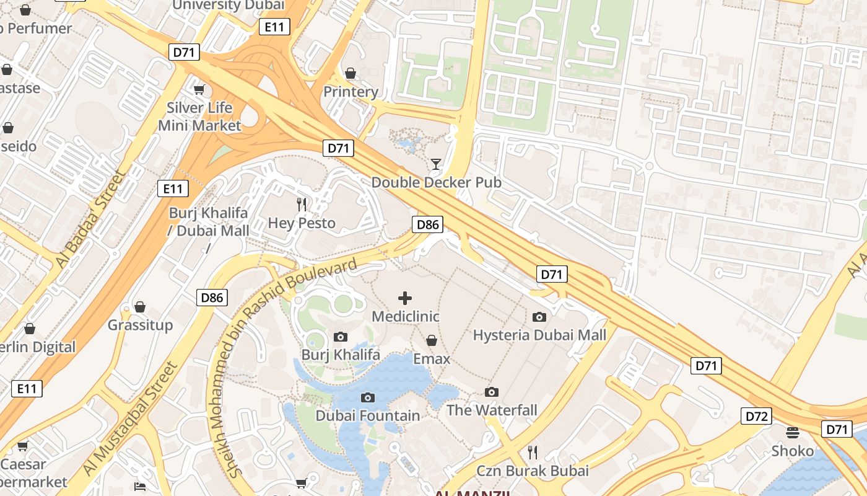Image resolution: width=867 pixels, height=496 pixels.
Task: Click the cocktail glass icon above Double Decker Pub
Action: [x=436, y=164]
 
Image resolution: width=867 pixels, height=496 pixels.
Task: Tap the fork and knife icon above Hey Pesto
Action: [x=302, y=204]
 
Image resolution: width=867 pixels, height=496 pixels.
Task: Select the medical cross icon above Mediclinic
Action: [x=405, y=298]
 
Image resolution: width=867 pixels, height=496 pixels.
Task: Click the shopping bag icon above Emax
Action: [x=432, y=340]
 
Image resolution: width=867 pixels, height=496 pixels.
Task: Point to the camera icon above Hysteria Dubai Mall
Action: [x=539, y=317]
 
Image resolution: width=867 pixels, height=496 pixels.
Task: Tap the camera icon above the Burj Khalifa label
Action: [x=340, y=337]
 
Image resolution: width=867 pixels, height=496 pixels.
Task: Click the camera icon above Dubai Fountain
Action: [x=368, y=397]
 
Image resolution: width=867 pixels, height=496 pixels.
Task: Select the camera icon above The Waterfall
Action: [x=492, y=392]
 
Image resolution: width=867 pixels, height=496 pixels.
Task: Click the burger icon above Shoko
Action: [x=793, y=432]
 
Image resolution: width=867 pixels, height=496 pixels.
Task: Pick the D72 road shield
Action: [x=756, y=416]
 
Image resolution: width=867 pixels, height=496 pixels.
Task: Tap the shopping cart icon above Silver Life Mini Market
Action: [x=199, y=90]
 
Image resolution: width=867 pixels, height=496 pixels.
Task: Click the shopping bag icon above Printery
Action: [x=351, y=74]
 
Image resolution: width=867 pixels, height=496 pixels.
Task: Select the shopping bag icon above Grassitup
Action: [x=140, y=307]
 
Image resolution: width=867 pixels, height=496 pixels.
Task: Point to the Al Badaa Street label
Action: [x=90, y=221]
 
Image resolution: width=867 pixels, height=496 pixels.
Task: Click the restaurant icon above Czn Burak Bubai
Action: [x=532, y=452]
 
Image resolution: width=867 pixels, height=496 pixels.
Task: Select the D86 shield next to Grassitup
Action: [x=212, y=298]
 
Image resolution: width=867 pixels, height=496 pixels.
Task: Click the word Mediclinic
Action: [x=405, y=316]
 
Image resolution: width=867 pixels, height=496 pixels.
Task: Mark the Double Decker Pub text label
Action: [x=436, y=182]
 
